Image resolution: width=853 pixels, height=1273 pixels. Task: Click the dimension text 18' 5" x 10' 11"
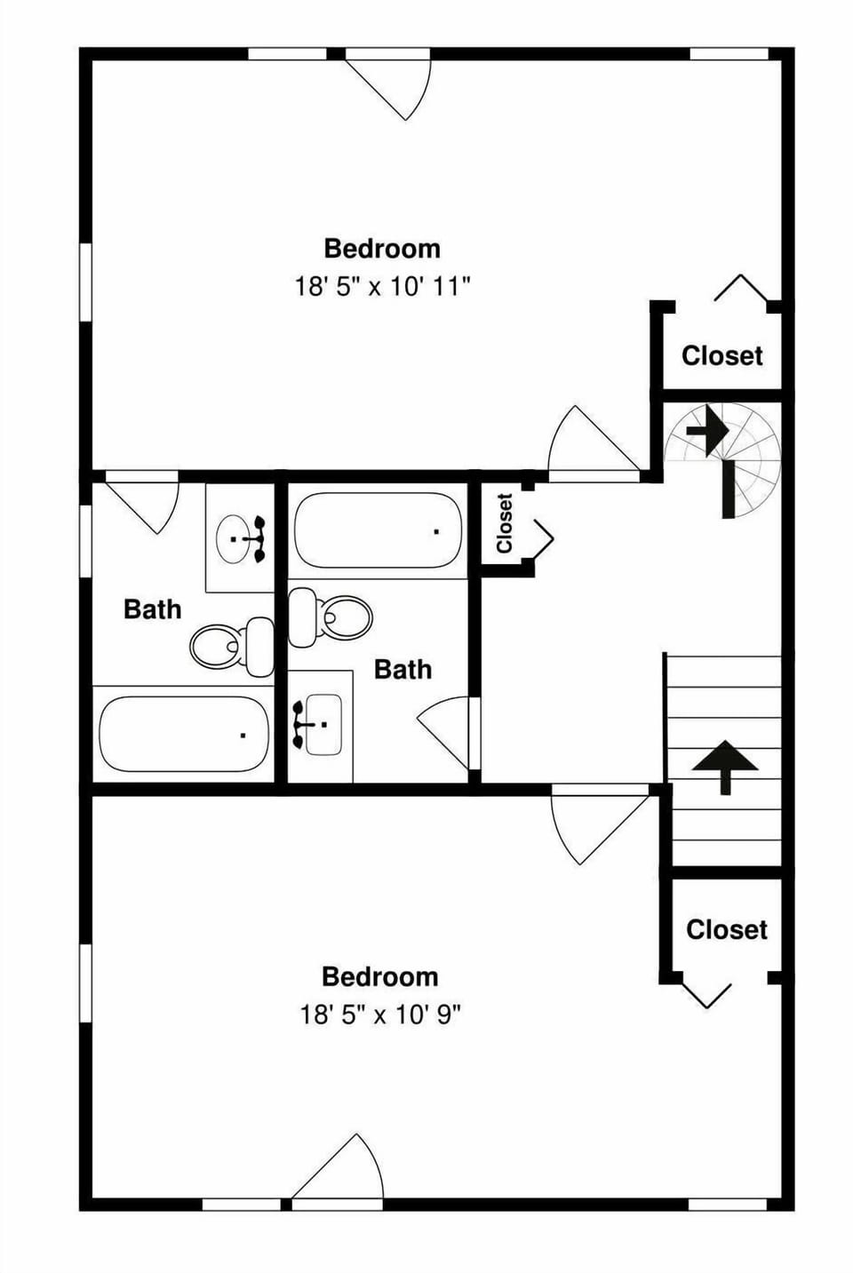(382, 287)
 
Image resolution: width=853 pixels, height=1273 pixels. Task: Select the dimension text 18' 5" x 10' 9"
(380, 1014)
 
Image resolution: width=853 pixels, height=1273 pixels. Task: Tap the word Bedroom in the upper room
(382, 248)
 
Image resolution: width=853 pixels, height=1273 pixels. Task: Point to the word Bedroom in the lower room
(380, 976)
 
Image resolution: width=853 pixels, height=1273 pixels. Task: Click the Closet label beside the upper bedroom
(721, 355)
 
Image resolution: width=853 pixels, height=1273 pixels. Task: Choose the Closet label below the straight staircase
(726, 929)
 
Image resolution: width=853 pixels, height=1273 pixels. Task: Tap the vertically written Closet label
(505, 523)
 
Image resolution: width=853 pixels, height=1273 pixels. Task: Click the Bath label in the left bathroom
(152, 609)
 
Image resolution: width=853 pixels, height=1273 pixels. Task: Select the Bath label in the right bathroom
(403, 669)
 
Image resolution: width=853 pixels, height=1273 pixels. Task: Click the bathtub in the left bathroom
(183, 734)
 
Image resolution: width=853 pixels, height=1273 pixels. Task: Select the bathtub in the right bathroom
(378, 531)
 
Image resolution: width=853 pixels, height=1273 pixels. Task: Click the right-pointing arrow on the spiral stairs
(707, 430)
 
